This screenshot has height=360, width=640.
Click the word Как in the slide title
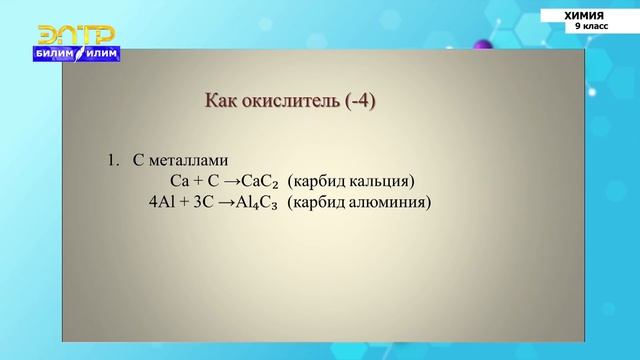click(x=221, y=101)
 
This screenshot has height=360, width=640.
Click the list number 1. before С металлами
click(x=113, y=160)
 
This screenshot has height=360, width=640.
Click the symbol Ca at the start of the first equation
click(x=180, y=181)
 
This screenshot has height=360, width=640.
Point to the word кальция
click(x=379, y=181)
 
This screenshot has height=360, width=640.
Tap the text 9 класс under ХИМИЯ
click(x=590, y=28)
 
